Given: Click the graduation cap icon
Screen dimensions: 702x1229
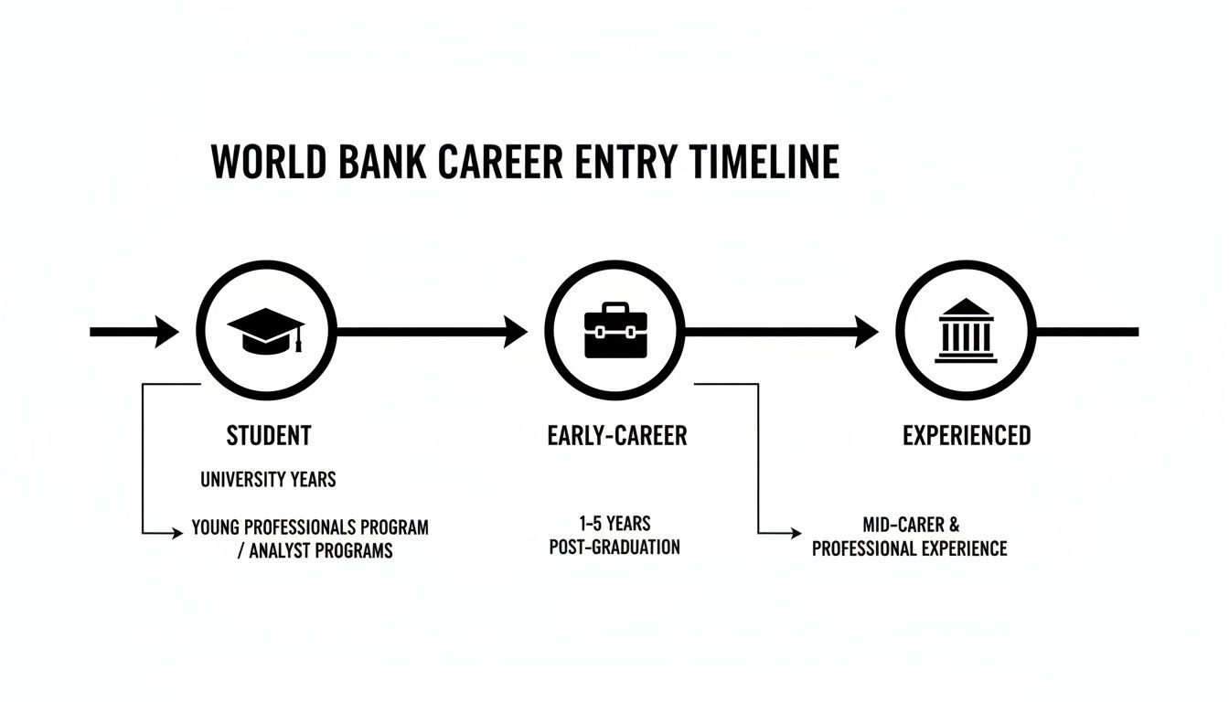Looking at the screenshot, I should [265, 330].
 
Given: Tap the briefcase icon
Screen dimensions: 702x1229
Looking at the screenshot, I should [614, 333].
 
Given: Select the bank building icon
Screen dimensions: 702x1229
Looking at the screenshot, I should [966, 331].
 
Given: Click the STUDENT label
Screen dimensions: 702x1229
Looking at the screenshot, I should [269, 435].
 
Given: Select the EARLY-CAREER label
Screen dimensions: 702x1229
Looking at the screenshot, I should [616, 435].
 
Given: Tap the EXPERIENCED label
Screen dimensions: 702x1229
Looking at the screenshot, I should [967, 435].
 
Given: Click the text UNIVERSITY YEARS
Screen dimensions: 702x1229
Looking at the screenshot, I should [268, 478].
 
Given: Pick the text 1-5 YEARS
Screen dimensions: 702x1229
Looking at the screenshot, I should [614, 524].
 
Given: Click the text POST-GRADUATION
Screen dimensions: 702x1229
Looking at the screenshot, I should [614, 548].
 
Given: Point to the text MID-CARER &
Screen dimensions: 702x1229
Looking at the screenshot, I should [911, 526].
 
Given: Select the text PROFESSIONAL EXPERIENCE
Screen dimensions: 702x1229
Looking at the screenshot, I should [910, 548].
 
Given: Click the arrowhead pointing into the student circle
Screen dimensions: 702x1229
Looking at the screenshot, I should [167, 331].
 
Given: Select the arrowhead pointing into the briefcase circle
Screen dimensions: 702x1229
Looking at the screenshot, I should [516, 331].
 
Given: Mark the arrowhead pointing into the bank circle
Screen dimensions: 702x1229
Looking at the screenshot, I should [866, 331].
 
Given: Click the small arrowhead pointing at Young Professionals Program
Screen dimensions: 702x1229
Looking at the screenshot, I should [178, 530].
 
